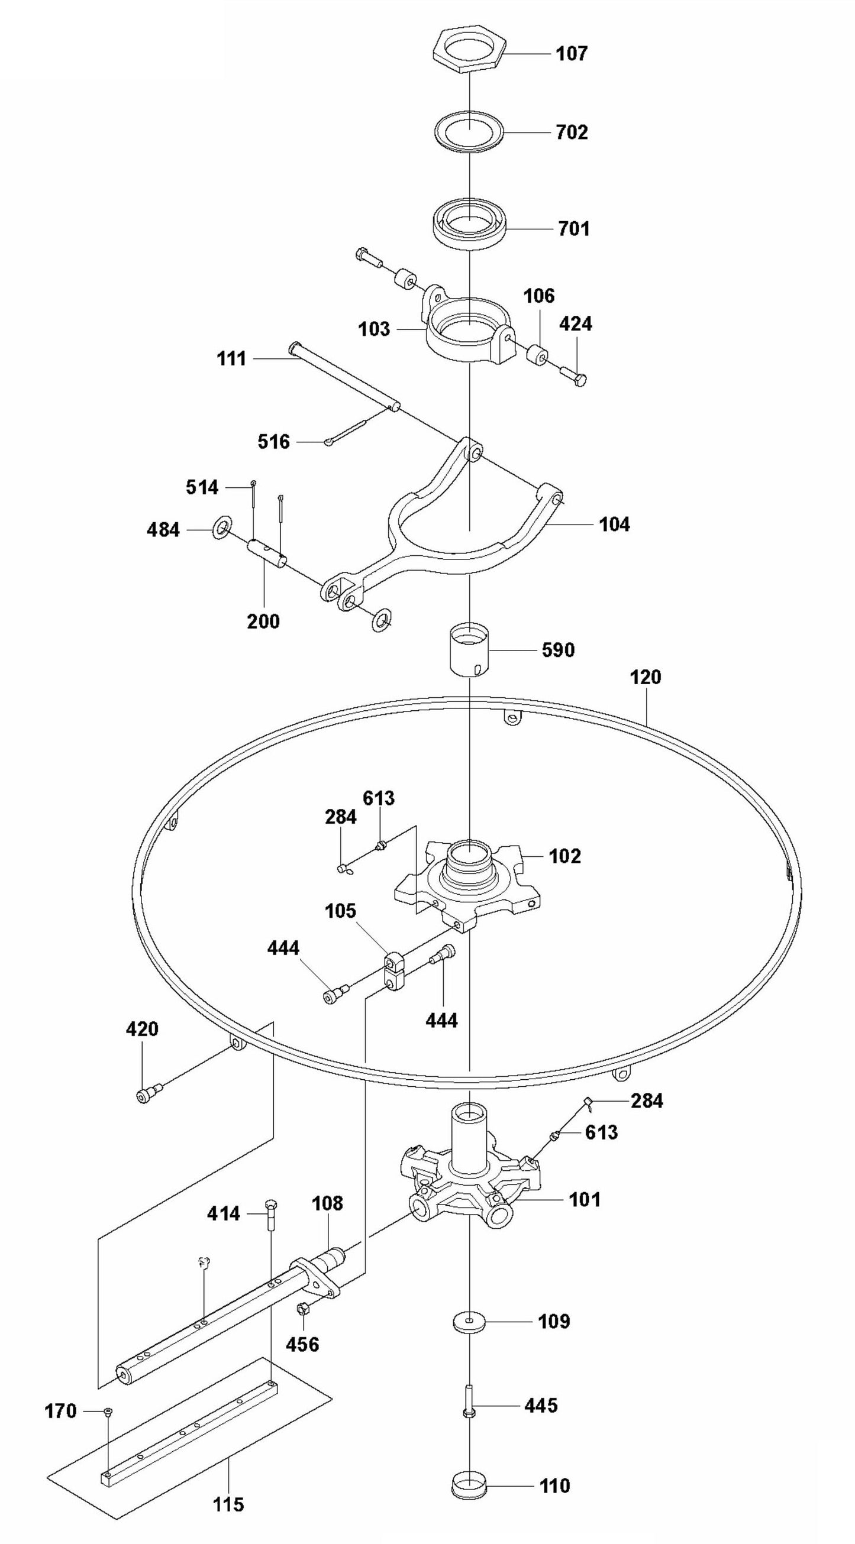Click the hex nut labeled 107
469,48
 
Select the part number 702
572,132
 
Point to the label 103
374,329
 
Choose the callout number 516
274,442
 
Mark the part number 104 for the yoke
615,525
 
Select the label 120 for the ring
645,678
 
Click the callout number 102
565,856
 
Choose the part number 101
584,1199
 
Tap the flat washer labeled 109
469,1321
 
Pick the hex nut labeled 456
303,1308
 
